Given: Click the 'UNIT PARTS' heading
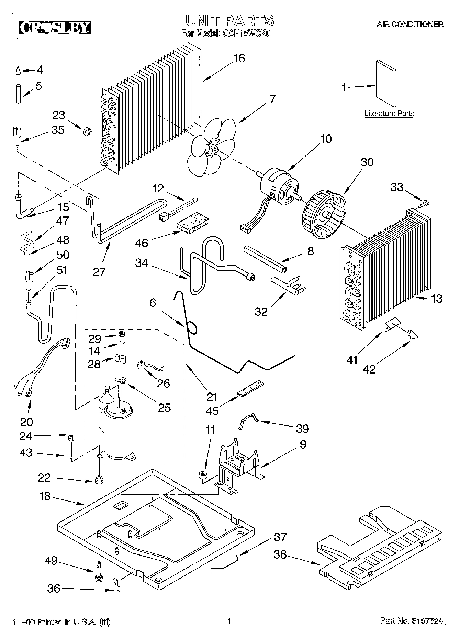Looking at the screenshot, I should point(229,20).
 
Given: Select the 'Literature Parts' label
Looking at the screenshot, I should point(389,113).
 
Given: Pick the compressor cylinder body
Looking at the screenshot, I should point(118,432).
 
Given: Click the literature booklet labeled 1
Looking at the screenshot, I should point(386,84).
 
